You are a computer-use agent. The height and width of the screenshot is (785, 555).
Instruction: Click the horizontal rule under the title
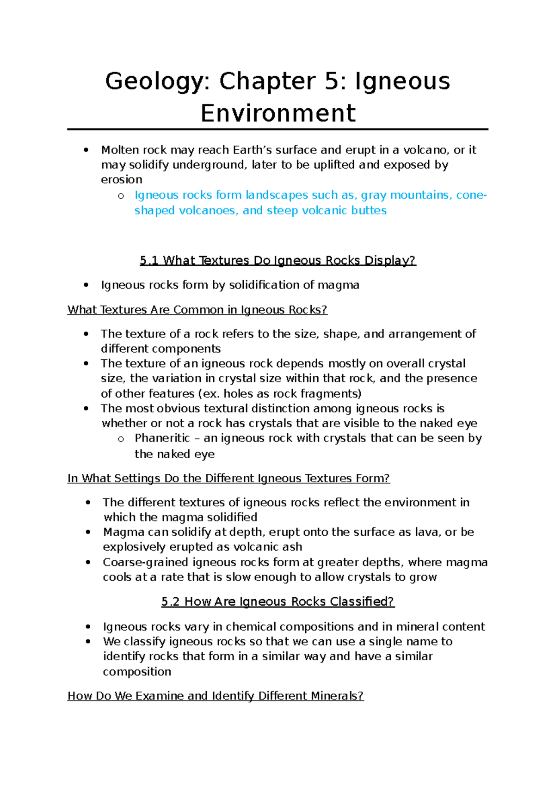click(x=277, y=129)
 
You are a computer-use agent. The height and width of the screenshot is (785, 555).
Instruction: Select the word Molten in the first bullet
click(x=120, y=150)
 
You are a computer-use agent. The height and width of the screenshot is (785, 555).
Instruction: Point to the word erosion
click(x=122, y=179)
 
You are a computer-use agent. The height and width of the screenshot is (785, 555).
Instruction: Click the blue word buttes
click(x=369, y=210)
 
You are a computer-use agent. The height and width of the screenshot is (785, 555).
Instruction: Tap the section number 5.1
click(x=149, y=261)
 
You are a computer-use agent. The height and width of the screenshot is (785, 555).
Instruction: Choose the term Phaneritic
click(x=162, y=438)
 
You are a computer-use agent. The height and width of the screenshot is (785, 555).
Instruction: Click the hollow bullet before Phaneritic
click(x=121, y=439)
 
